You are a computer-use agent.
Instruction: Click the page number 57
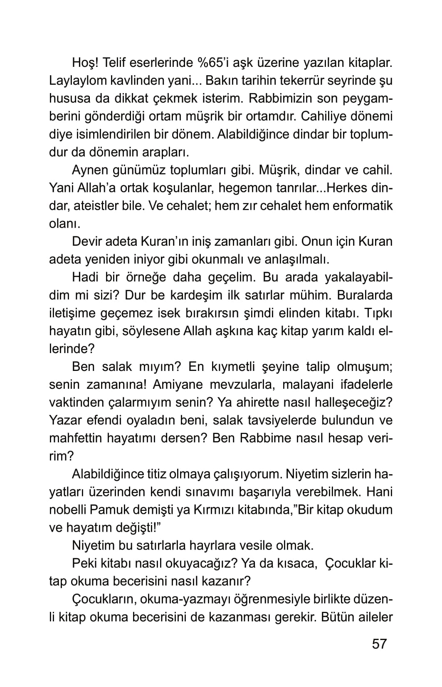click(379, 644)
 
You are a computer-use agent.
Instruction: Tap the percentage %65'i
click(217, 63)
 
